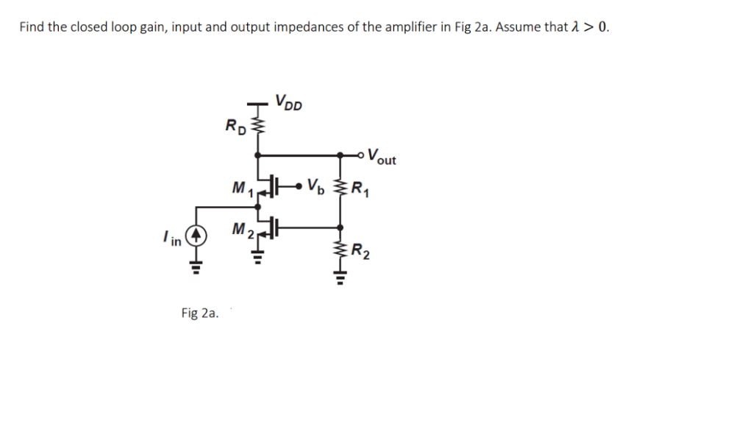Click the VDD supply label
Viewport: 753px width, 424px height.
point(288,101)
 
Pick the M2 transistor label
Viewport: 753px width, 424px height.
point(242,231)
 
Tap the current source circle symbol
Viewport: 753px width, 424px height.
point(196,236)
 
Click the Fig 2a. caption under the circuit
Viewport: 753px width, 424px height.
point(199,314)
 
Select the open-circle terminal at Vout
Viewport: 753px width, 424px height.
point(361,155)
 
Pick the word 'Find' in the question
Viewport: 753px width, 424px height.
point(32,27)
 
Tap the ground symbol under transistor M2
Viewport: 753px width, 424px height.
point(257,258)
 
